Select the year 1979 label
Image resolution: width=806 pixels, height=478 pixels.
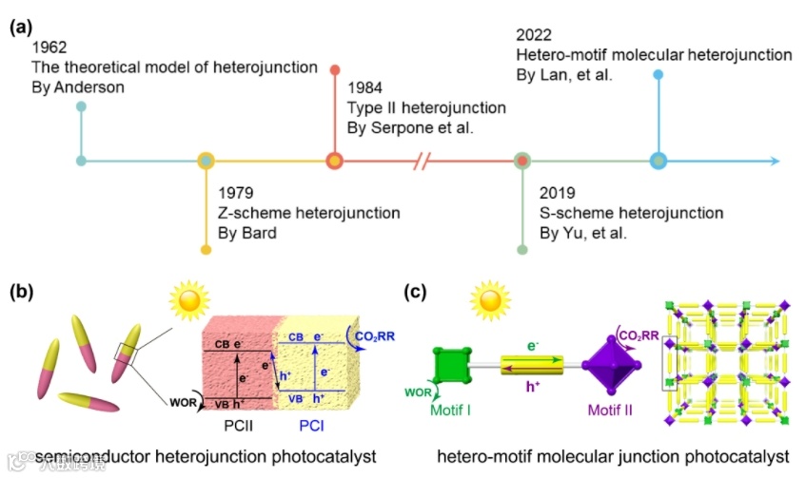point(236,193)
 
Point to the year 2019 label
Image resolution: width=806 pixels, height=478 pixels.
point(557,193)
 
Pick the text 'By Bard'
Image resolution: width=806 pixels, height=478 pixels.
point(246,233)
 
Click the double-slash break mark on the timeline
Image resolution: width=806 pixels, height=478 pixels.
point(424,161)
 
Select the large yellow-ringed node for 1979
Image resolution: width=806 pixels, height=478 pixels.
point(206,161)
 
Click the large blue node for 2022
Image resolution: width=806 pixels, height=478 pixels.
point(658,161)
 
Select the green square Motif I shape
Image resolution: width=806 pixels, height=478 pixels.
point(452,366)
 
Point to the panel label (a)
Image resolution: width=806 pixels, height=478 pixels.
point(22,27)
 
